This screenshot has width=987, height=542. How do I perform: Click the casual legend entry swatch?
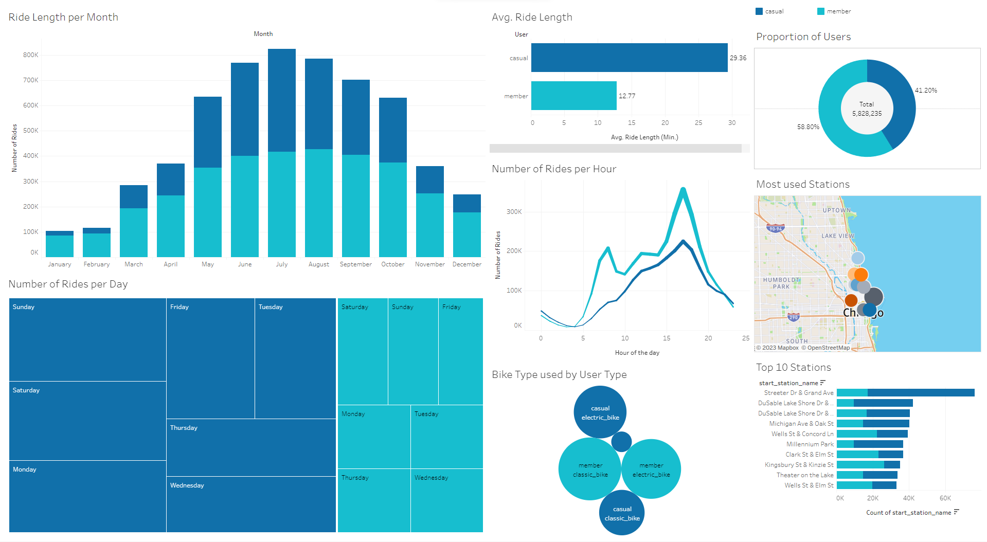point(759,11)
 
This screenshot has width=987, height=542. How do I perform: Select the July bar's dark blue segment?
point(281,100)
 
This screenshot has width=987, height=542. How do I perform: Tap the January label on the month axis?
point(60,264)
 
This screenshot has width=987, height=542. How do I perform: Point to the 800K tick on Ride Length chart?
point(30,55)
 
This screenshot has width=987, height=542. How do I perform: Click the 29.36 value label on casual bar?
point(738,58)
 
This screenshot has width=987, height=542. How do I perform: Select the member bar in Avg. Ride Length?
point(573,96)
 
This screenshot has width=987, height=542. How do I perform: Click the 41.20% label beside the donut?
point(925,91)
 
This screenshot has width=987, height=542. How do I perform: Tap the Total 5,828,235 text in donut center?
point(867,109)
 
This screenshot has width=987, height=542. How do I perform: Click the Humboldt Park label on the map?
point(781,283)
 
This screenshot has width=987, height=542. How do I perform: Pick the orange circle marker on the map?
point(860,275)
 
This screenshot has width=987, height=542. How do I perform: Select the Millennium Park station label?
point(810,444)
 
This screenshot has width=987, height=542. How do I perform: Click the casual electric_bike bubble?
point(600,412)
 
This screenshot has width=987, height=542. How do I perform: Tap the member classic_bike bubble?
point(590,469)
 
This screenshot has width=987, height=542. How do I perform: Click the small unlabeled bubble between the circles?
point(621,441)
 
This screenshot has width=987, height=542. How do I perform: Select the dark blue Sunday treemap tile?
point(87,339)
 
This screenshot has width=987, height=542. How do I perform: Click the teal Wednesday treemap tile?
point(446,500)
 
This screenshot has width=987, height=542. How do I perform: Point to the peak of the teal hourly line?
point(683,189)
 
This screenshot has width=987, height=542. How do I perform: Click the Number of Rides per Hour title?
point(553,169)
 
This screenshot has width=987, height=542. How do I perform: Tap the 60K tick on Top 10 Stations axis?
point(945,498)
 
